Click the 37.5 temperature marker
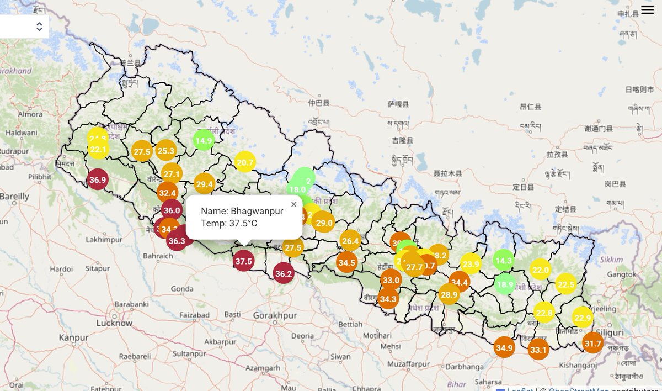243,261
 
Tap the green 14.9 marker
204,140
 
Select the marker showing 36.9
98,179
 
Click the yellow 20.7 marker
244,162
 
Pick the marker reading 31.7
593,344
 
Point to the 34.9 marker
504,347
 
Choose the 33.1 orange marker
538,350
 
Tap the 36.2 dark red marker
284,273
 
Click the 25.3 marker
165,150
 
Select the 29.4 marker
204,184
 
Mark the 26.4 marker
350,240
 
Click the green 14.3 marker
504,261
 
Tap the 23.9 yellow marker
471,264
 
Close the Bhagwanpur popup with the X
293,204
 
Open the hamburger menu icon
647,10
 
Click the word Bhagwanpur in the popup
257,211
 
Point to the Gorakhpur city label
275,315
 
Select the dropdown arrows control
39,27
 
